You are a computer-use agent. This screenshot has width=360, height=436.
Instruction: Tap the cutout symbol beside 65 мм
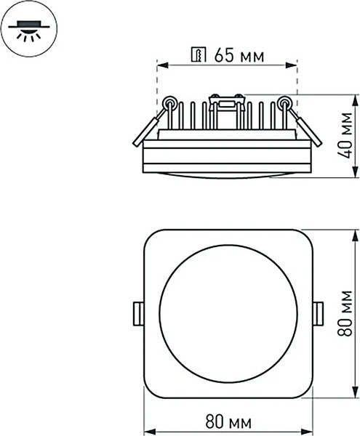click(x=199, y=55)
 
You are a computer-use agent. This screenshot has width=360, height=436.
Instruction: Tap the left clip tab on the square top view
click(x=137, y=313)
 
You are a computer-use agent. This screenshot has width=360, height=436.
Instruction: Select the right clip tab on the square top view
click(x=318, y=313)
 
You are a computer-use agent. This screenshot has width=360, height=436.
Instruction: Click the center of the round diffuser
click(x=228, y=313)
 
